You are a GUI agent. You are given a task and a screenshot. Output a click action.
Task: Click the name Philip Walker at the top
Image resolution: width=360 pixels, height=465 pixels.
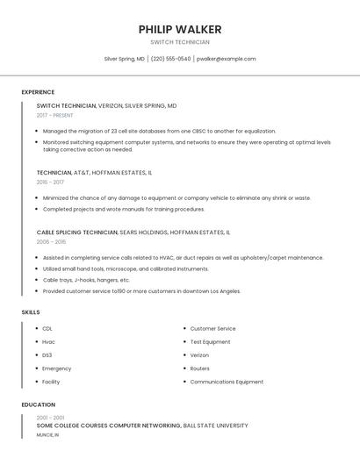(x=180, y=29)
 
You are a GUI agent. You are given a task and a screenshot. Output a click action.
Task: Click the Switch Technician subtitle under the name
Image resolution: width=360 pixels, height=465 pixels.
(x=180, y=42)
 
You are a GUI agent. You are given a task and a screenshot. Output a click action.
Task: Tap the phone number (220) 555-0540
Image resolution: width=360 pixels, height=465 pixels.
(x=170, y=59)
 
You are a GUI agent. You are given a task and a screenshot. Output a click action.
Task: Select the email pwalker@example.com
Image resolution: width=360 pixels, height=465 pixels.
(x=227, y=59)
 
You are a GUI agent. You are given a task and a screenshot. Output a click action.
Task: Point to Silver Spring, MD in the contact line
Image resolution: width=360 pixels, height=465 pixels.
(x=124, y=59)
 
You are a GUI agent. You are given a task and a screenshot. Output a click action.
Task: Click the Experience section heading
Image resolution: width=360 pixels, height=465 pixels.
(x=38, y=92)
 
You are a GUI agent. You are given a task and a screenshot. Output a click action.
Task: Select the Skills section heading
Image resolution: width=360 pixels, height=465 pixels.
(x=31, y=312)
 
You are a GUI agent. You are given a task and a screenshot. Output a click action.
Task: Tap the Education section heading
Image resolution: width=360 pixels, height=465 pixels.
(x=38, y=404)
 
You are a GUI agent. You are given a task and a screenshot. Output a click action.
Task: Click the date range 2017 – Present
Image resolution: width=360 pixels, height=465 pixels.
(x=55, y=115)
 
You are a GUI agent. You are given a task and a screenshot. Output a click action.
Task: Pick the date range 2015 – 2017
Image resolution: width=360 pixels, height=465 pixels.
(x=50, y=182)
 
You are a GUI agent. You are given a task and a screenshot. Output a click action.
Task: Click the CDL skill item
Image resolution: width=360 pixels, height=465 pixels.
(x=47, y=328)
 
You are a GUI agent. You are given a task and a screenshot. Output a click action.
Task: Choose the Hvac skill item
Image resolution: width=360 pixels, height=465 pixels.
(x=48, y=341)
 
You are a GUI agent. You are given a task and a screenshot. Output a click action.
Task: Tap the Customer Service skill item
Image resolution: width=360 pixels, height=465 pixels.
(x=212, y=328)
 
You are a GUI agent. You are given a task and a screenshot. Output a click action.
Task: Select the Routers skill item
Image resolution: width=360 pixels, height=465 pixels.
(x=199, y=368)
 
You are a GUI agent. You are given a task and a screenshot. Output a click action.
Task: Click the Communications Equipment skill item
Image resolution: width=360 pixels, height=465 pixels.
(x=227, y=382)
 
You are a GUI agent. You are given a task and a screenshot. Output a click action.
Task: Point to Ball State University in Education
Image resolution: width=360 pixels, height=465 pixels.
(x=215, y=426)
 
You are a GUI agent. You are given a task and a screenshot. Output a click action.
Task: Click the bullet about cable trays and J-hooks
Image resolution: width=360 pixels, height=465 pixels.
(x=86, y=280)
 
